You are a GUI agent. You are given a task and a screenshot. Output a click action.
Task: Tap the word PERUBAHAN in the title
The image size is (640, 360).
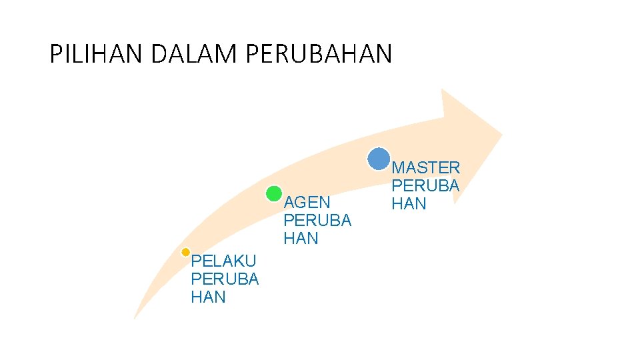coord(319,54)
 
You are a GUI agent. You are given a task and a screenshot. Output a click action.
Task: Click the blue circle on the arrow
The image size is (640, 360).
coord(379,159)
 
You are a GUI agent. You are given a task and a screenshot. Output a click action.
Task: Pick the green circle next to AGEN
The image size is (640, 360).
coord(273,194)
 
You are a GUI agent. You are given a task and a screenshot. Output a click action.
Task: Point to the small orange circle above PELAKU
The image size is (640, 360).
coord(186,252)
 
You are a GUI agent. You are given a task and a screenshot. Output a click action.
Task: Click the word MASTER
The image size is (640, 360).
coord(425,168)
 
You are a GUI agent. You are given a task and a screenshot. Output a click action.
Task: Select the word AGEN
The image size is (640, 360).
coord(307,203)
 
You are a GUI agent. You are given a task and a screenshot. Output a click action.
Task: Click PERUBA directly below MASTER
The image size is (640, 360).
coord(425,186)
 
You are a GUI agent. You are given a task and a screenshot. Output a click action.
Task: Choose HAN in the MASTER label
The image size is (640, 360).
coord(409,204)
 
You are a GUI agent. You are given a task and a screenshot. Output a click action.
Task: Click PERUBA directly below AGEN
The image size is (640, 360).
coord(317,221)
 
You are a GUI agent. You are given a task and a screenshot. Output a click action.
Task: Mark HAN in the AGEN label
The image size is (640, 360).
coord(301,239)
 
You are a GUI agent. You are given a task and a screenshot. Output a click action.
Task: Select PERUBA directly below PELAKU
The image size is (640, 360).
coord(225,279)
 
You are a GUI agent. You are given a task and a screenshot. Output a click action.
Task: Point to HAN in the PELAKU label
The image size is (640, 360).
coord(208,297)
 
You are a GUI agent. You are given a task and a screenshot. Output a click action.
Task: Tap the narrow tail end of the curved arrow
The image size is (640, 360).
coord(135,316)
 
